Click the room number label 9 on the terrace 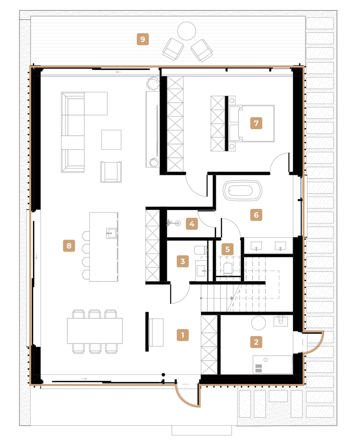click(x=142, y=39)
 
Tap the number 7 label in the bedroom click(x=256, y=123)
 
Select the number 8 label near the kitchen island click(x=69, y=246)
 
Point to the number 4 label click(x=192, y=224)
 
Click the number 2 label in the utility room click(x=256, y=342)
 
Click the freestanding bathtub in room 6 click(x=242, y=191)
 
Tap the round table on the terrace click(x=186, y=31)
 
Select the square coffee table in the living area click(x=111, y=139)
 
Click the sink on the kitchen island click(x=111, y=233)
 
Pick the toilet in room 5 click(x=228, y=269)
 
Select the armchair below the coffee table click(x=111, y=172)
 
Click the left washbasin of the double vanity click(x=256, y=246)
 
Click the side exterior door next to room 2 click(x=314, y=342)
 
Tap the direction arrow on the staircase click(x=232, y=298)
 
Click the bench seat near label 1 click(x=156, y=332)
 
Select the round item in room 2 click(x=258, y=323)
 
